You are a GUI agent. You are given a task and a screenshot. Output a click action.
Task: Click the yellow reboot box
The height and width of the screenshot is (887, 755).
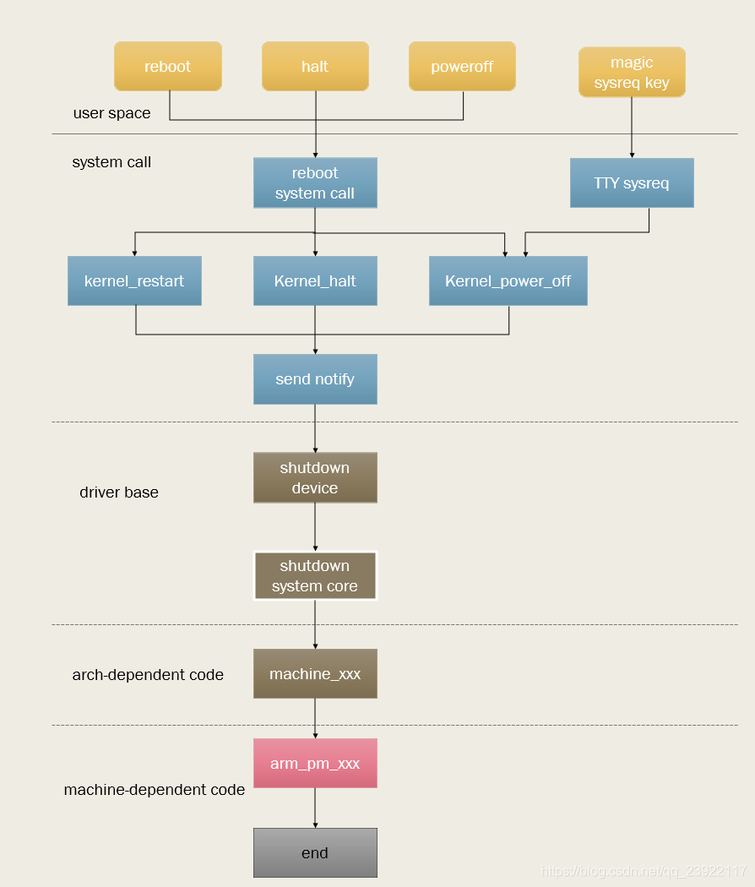(167, 67)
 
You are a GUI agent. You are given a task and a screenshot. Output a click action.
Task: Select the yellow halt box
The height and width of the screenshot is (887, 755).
(315, 67)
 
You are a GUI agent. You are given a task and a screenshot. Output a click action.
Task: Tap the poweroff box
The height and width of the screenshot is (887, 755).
(462, 67)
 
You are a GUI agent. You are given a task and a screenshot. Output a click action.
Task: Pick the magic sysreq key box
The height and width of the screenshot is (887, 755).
(632, 73)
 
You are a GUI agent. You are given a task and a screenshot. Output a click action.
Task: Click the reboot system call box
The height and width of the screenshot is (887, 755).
(315, 182)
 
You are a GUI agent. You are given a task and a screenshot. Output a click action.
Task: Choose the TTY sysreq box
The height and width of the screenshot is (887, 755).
(632, 182)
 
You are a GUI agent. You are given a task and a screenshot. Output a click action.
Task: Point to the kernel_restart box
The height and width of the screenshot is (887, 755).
(134, 280)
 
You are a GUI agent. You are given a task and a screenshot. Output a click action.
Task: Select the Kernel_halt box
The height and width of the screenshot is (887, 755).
(315, 280)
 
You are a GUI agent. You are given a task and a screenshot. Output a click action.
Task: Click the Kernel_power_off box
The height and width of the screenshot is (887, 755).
(508, 280)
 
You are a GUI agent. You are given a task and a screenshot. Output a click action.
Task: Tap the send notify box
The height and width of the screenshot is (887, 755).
(315, 379)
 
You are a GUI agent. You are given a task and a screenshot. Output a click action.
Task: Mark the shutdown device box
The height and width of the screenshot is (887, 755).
(315, 477)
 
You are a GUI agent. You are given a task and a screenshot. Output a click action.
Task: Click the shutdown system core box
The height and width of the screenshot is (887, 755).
(315, 575)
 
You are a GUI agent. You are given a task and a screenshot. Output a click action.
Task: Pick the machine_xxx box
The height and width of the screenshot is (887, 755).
(315, 673)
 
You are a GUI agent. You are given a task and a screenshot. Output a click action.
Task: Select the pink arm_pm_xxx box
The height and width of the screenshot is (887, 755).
(315, 763)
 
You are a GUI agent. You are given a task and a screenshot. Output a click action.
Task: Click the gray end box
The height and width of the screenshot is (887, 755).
(315, 852)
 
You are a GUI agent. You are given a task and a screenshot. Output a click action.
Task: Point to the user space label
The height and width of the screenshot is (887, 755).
(111, 113)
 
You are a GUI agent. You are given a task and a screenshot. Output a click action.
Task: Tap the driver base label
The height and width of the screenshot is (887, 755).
(119, 492)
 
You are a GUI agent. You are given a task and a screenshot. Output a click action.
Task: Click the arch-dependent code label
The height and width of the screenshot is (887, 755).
(148, 674)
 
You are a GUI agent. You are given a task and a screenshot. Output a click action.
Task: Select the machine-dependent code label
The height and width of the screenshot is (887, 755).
(155, 790)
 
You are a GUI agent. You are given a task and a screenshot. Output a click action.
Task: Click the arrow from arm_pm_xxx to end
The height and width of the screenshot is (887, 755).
(315, 808)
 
